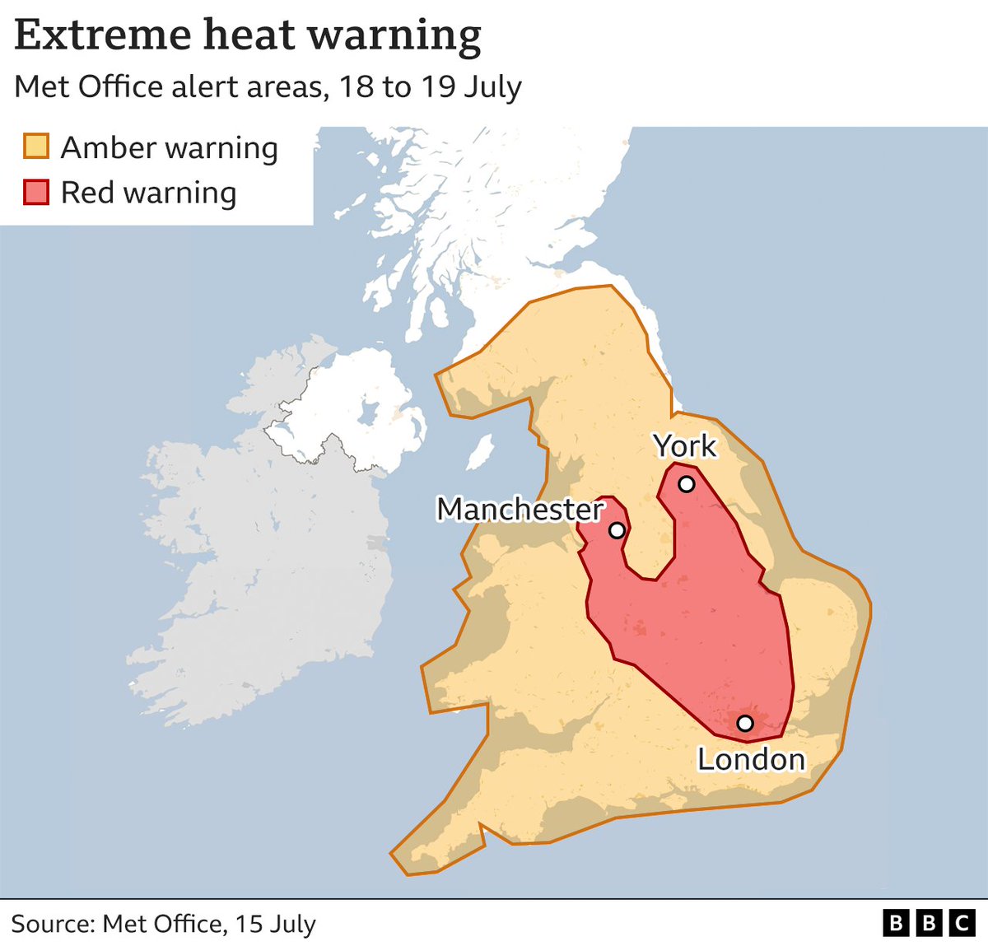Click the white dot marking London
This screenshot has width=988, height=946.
point(744,723)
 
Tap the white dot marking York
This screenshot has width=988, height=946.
point(686,484)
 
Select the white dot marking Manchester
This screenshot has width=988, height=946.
point(617,530)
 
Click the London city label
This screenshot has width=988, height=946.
point(751,759)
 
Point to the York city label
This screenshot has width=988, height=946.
point(685,446)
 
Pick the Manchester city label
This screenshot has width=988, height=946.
point(520,510)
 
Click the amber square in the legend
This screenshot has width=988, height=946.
point(36,147)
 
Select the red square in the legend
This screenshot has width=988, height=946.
point(36,193)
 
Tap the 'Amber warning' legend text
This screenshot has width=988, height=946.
point(169,148)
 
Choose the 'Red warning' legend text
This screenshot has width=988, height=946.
point(148,193)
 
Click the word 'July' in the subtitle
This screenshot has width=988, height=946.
point(492,87)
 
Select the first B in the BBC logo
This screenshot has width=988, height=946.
point(896,923)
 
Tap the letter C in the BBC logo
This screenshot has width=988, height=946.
point(961,923)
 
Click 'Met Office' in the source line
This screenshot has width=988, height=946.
point(162,924)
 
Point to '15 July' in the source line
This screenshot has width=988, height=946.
point(275,924)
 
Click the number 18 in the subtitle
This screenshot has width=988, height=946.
point(357,87)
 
